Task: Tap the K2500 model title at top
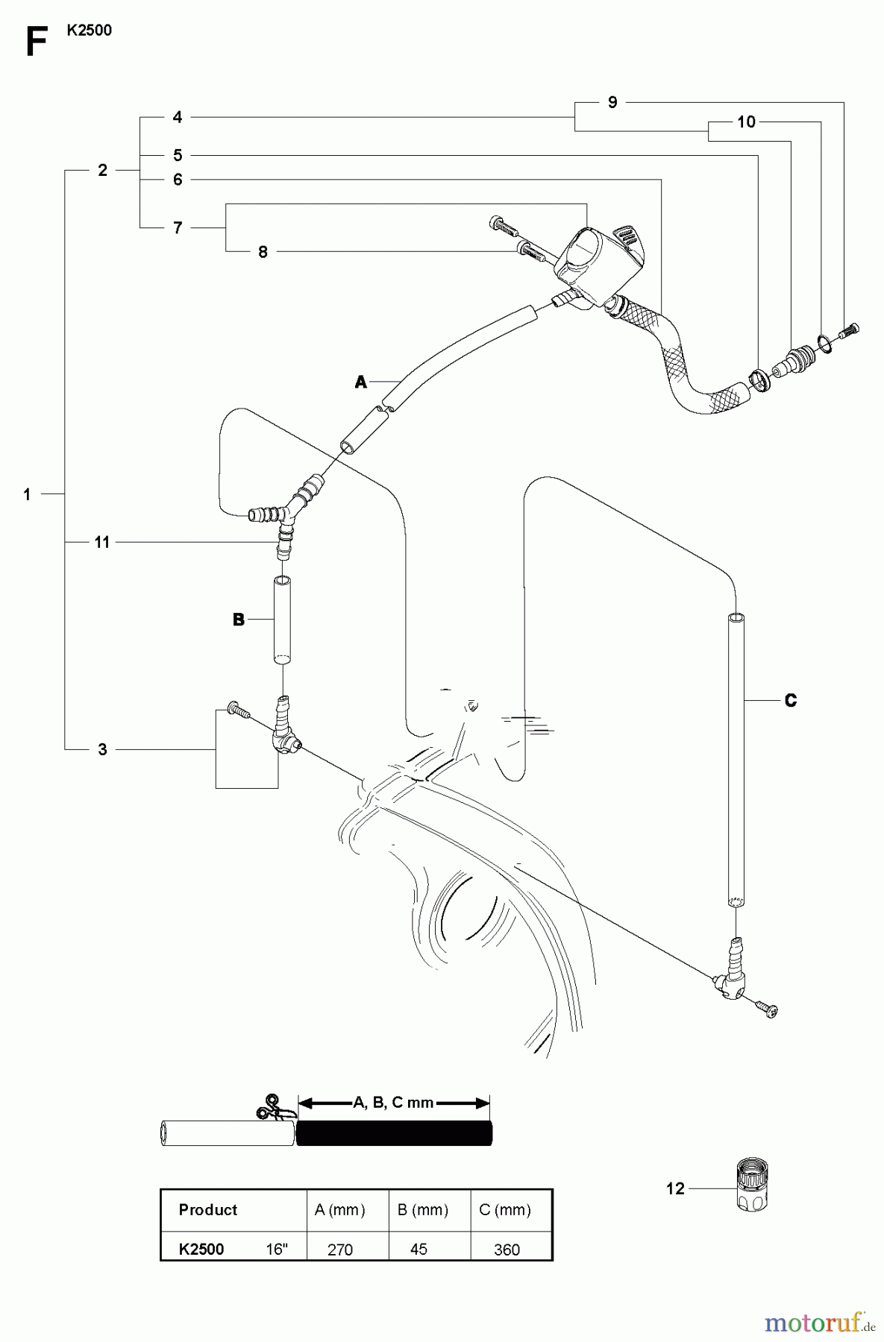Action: point(89,31)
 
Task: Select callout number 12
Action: point(675,1188)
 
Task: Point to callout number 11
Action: point(102,542)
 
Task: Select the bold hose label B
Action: point(239,620)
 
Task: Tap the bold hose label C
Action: point(791,700)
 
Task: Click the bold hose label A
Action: point(361,382)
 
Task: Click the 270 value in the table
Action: point(340,1250)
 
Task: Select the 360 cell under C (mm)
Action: point(507,1250)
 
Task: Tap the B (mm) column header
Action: point(423,1209)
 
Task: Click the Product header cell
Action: point(207,1209)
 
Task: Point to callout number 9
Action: point(612,102)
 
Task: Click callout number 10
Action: point(746,122)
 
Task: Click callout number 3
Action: point(102,749)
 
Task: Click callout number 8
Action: point(263,252)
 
